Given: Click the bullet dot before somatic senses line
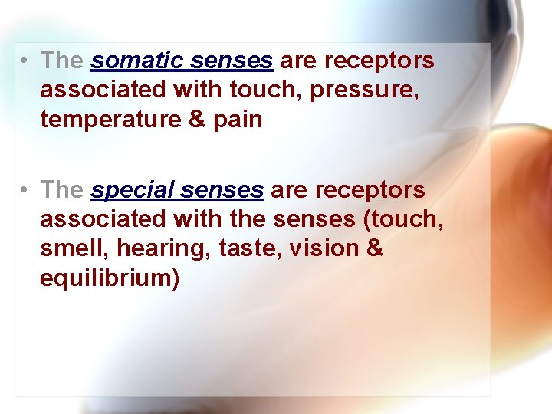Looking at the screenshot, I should point(26,61).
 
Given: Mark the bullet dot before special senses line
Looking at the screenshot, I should point(26,189).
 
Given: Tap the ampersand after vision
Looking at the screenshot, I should point(374,248).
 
